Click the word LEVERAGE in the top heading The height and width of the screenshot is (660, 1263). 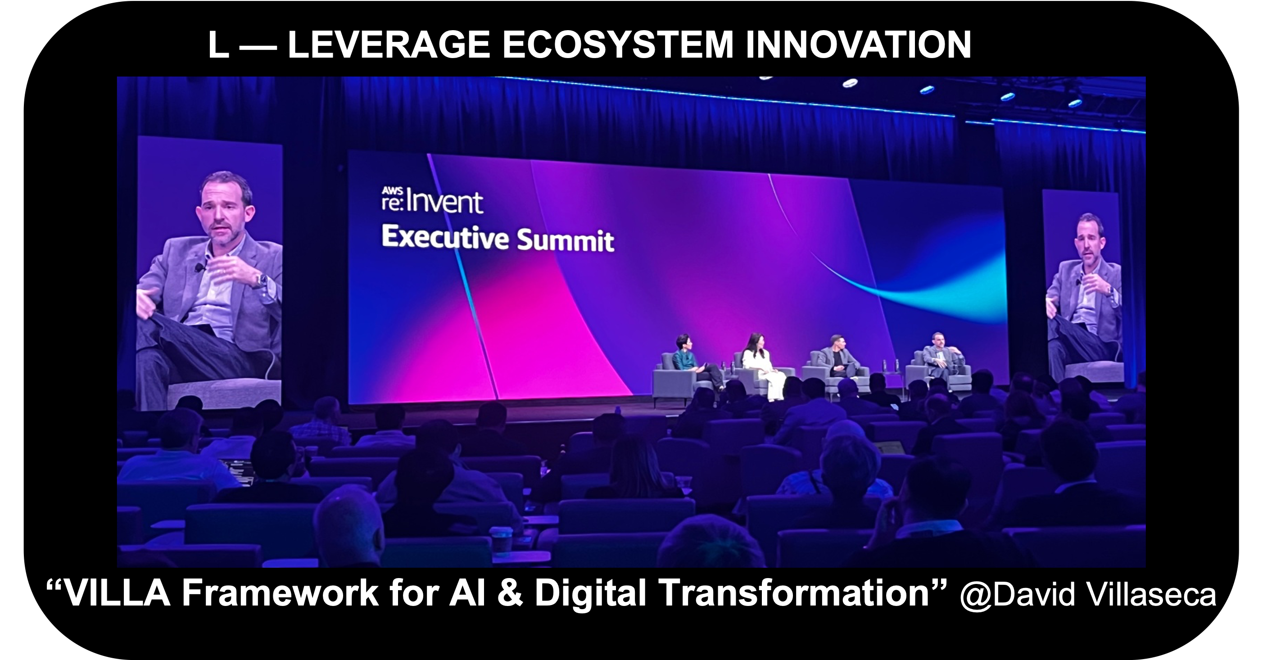pos(388,45)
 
